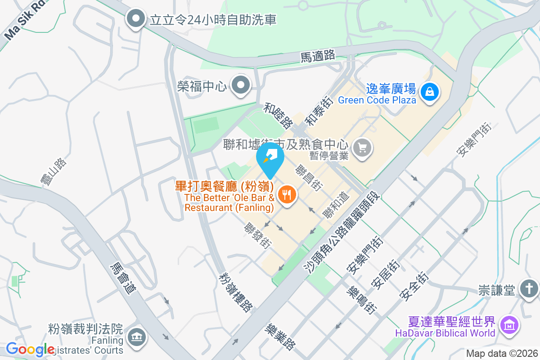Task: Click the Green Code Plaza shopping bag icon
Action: click(430, 92)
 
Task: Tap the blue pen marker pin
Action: click(270, 158)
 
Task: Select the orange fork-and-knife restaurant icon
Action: click(286, 194)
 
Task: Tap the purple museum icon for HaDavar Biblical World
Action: click(509, 324)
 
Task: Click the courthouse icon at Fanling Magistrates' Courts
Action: click(135, 337)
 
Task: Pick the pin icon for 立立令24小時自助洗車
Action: click(135, 19)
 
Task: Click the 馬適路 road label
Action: click(318, 56)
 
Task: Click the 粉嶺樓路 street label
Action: click(235, 292)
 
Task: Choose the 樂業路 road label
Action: click(280, 337)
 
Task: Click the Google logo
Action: click(30, 349)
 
